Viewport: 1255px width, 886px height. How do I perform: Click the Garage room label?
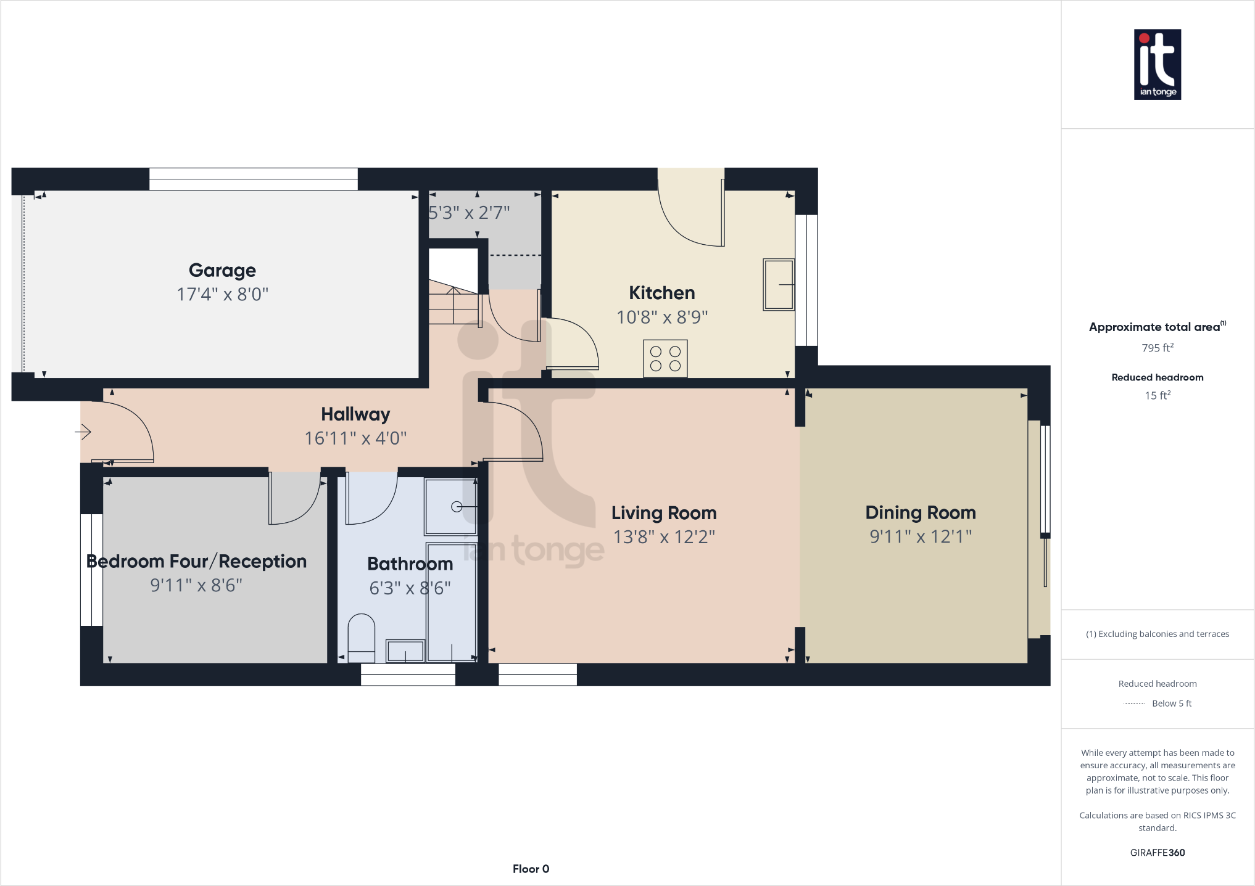(x=222, y=270)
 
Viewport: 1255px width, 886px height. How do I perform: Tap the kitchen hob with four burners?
(x=665, y=358)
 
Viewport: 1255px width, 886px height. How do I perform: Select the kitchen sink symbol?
(x=778, y=284)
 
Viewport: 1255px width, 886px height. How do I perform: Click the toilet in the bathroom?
(x=362, y=635)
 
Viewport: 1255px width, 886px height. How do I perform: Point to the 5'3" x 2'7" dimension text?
(x=469, y=213)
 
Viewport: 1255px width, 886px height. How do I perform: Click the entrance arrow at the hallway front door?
(x=83, y=432)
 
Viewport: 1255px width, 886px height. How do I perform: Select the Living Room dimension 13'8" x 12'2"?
(x=664, y=537)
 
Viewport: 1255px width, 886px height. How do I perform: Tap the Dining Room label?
(x=920, y=512)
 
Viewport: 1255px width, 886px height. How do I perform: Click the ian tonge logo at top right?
(x=1157, y=65)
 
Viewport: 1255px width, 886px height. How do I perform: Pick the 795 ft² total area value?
(x=1157, y=348)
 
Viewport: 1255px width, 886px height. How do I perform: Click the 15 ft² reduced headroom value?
(x=1157, y=395)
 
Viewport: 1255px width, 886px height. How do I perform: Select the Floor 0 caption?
(x=531, y=869)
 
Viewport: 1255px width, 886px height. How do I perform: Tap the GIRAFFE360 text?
(x=1157, y=853)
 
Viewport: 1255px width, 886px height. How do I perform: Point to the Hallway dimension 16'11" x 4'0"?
(x=355, y=438)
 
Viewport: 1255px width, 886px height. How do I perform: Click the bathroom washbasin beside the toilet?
(x=405, y=650)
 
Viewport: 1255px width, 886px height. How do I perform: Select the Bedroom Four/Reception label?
(x=196, y=561)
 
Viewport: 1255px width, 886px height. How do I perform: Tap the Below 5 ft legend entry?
(x=1171, y=703)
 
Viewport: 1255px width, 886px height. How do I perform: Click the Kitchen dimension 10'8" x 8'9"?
(x=662, y=317)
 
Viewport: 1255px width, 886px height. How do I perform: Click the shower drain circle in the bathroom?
(x=457, y=507)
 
